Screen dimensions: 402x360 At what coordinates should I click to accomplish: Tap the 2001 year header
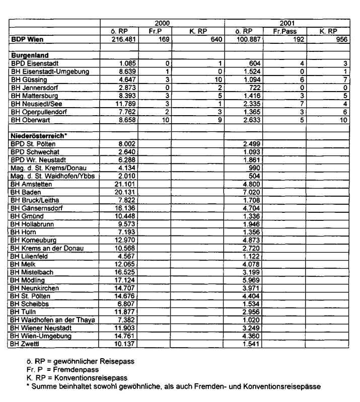[x=287, y=23]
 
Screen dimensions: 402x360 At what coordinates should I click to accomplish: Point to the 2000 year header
[x=163, y=23]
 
